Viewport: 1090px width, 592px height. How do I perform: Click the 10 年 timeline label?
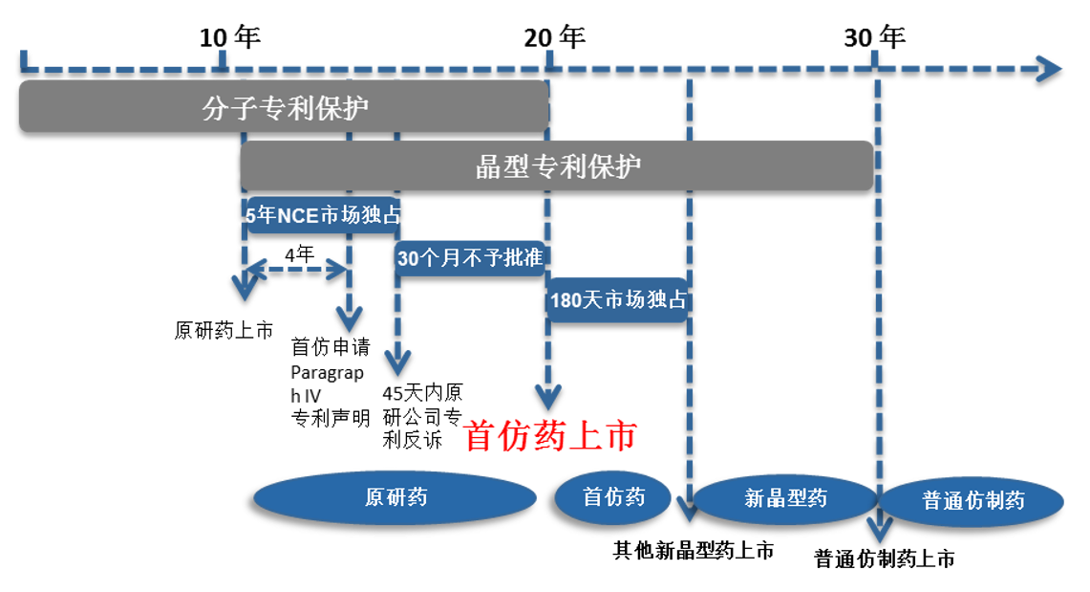pos(229,38)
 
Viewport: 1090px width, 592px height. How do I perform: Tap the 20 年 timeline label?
pos(554,38)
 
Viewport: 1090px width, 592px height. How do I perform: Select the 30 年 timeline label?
pos(874,38)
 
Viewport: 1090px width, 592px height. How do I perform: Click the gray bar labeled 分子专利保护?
pos(284,107)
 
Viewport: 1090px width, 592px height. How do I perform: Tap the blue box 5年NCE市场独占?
pos(321,216)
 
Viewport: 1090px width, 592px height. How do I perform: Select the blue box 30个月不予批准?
pos(470,258)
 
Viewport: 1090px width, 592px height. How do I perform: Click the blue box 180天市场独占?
pos(618,299)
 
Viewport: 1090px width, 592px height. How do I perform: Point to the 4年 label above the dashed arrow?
pos(299,254)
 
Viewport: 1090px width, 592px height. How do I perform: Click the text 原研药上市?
pos(224,332)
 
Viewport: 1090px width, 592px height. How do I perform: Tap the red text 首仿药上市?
pos(549,436)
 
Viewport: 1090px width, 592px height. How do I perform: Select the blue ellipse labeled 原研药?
pos(395,497)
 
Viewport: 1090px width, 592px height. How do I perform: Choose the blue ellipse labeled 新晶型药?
pos(785,498)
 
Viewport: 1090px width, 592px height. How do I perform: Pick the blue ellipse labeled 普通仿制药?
pos(972,501)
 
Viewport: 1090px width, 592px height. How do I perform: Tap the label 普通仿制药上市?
pos(884,559)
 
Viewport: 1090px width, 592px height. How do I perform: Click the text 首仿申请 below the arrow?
pos(330,346)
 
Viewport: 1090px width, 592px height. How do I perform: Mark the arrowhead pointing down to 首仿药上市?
pos(547,397)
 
